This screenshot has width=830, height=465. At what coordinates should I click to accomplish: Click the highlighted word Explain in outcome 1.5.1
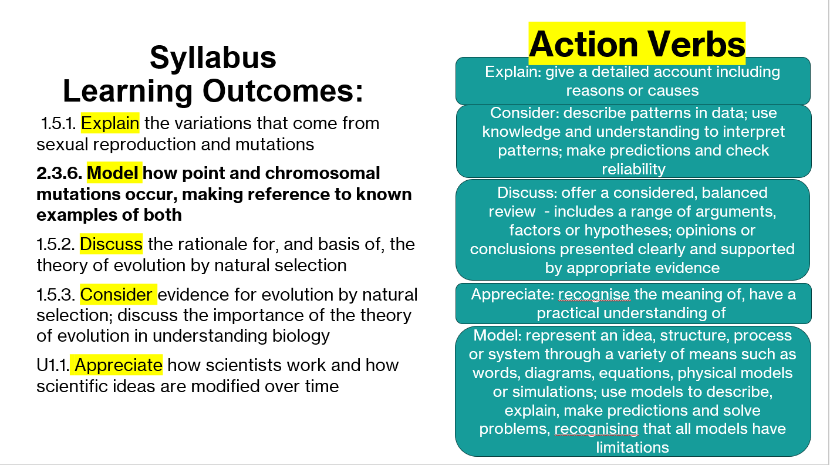110,123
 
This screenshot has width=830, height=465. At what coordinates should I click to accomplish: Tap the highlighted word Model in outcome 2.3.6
113,173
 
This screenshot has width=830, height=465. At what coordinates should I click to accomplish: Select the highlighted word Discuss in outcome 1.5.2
111,244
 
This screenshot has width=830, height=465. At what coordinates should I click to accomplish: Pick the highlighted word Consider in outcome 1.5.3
116,295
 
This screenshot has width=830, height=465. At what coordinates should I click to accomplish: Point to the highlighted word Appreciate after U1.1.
119,365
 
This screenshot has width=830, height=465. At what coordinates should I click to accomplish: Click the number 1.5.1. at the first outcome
59,123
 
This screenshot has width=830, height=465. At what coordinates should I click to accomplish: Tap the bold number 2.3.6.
59,173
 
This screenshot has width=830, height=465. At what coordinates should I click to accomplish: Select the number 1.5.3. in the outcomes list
56,295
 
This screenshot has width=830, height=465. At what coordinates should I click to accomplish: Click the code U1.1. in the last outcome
53,365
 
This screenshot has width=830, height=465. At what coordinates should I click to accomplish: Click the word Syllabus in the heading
213,57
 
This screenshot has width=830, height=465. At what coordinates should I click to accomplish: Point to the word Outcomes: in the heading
283,91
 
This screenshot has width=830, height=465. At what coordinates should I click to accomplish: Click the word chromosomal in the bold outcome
322,173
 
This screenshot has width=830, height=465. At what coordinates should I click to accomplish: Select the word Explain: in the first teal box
513,72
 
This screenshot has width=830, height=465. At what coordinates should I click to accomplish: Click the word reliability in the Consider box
633,169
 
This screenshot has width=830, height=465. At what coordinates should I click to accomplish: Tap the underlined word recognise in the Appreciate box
594,295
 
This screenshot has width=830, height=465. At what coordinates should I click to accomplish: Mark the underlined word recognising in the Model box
596,429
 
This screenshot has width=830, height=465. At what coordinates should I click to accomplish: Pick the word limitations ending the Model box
633,447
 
